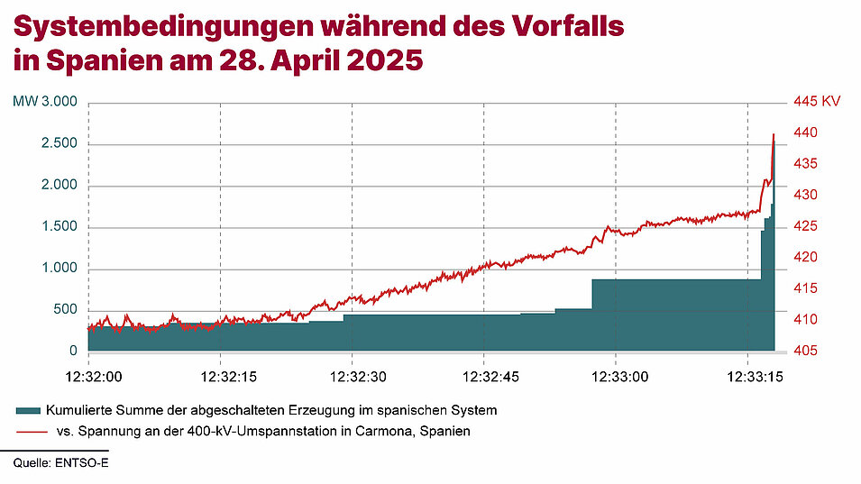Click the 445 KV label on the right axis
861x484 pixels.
pos(816,102)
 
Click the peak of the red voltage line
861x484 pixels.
pos(774,134)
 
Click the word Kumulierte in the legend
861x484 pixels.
pos(78,410)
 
